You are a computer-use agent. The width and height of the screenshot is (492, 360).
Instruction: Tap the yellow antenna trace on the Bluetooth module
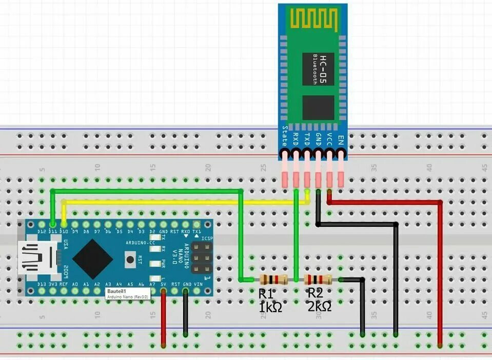313,19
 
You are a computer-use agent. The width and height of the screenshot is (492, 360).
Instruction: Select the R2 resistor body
318,279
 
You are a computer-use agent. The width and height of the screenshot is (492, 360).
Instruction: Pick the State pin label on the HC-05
285,136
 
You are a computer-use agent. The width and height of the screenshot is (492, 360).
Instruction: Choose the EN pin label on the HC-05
341,137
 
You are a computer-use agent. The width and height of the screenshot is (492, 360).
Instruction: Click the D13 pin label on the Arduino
42,284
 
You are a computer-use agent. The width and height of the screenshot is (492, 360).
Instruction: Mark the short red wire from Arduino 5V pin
164,318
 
